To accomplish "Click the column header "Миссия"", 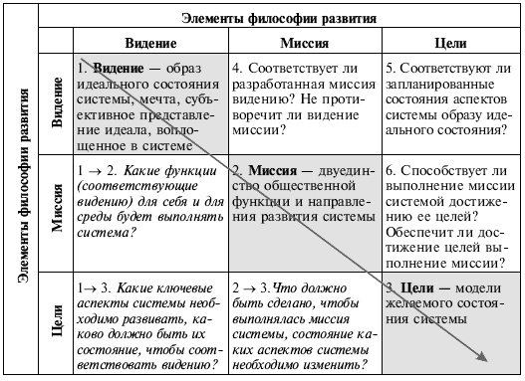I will [x=302, y=45].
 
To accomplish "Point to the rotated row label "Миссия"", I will [x=56, y=211].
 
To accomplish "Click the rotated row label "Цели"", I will [x=56, y=322].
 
